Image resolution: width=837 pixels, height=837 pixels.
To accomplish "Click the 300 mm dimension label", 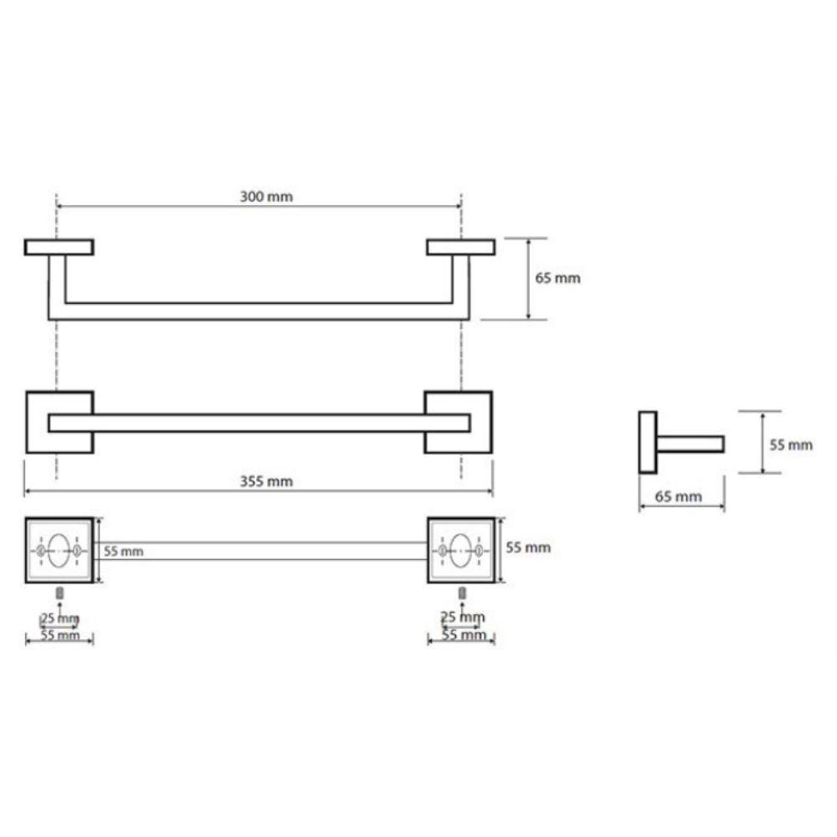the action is [266, 197].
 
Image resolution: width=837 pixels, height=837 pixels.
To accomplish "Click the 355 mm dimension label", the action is [266, 481].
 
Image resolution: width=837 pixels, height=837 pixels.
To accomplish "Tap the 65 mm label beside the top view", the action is [557, 278].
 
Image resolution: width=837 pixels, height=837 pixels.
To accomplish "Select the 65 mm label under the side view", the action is [678, 496].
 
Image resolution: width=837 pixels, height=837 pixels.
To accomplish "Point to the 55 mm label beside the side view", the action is [791, 444].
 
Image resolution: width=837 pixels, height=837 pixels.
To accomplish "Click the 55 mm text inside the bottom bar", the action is [123, 552].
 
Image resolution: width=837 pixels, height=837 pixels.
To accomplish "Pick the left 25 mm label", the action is [59, 619].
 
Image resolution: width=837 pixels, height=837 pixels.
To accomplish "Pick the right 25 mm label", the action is [463, 617].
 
